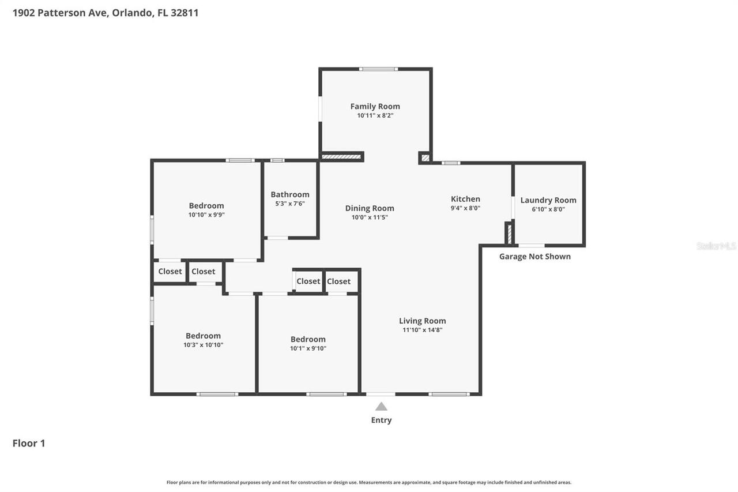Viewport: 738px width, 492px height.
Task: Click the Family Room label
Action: pos(375,106)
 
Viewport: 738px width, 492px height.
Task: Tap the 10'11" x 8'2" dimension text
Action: pos(375,115)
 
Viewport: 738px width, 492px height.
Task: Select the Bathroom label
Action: pos(290,194)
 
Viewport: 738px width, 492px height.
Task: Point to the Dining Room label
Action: pos(370,208)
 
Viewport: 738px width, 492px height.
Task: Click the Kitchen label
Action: pos(465,199)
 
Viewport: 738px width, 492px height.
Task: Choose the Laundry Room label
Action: pos(548,200)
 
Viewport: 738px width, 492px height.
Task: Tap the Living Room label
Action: pos(422,321)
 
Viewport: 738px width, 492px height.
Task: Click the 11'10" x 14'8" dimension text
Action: pos(422,330)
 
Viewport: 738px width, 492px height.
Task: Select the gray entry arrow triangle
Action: pos(381,407)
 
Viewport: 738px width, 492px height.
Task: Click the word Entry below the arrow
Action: pos(381,420)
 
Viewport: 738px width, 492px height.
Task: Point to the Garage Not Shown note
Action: pos(534,256)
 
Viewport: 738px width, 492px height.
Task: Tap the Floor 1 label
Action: pos(29,443)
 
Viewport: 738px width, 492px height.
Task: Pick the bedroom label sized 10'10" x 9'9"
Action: pos(206,205)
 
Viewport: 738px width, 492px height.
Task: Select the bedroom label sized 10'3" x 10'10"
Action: pos(203,336)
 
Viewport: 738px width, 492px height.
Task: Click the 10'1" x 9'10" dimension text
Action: pos(308,348)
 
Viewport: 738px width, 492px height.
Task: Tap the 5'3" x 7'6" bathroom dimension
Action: pos(290,204)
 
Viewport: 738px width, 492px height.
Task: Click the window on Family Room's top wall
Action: pos(378,69)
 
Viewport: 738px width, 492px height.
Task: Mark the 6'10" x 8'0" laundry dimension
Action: pos(548,209)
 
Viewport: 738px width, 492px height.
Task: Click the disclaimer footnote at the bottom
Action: pos(369,482)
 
